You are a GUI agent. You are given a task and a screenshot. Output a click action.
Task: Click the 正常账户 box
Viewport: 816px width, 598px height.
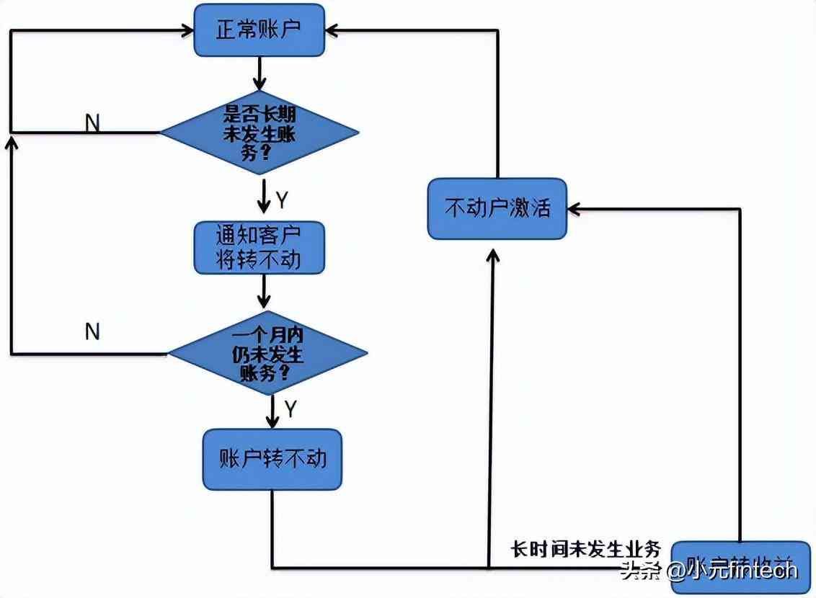pos(259,30)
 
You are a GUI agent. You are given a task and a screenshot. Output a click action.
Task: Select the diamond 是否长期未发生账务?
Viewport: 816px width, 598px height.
pos(259,133)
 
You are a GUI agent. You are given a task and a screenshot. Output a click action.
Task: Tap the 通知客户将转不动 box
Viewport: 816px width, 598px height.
pos(259,248)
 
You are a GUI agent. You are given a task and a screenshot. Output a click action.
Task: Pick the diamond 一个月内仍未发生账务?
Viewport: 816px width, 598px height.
pos(267,354)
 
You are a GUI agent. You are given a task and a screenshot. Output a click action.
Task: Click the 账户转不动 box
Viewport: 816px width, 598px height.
pos(272,459)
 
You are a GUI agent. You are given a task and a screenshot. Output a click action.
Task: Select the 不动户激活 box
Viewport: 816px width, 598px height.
pos(497,209)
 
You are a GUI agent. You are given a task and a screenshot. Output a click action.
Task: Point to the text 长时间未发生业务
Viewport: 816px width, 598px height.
pos(585,548)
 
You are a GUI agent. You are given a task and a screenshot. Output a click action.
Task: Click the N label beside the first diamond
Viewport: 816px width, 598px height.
pos(92,123)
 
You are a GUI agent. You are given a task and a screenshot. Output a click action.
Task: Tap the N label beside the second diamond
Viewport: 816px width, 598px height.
pos(92,332)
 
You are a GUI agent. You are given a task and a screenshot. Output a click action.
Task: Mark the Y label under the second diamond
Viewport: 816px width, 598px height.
pos(290,409)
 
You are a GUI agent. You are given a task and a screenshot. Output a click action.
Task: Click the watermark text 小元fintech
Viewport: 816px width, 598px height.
pos(742,571)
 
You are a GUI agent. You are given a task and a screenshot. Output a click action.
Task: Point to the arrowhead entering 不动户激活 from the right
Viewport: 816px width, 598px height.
pos(574,209)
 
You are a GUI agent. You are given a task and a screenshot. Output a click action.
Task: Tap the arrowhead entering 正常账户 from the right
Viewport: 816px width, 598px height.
pos(331,30)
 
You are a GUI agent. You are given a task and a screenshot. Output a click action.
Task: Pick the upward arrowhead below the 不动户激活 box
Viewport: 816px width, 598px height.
pos(493,255)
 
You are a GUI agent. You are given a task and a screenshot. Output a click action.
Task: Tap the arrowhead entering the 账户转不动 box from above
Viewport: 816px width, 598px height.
pos(272,422)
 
